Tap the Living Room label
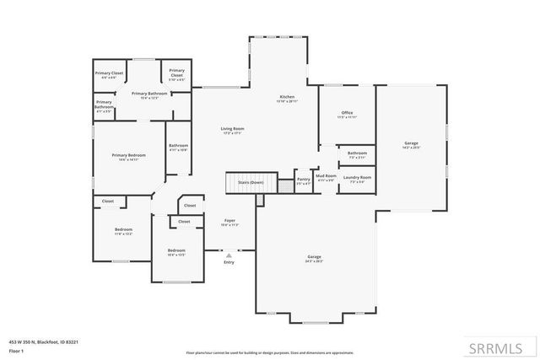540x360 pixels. point(232,129)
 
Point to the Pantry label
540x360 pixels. point(303,179)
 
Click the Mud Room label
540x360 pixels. point(326,176)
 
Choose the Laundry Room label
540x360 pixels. point(357,178)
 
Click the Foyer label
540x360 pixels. point(229,221)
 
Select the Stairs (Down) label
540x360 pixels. point(251,182)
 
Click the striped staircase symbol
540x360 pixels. point(239,182)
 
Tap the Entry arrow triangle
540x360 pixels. point(229,255)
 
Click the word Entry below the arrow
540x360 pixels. point(229,262)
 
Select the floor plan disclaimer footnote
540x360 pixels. point(269,352)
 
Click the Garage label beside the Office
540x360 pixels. point(411,144)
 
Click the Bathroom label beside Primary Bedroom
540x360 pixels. point(178,146)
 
